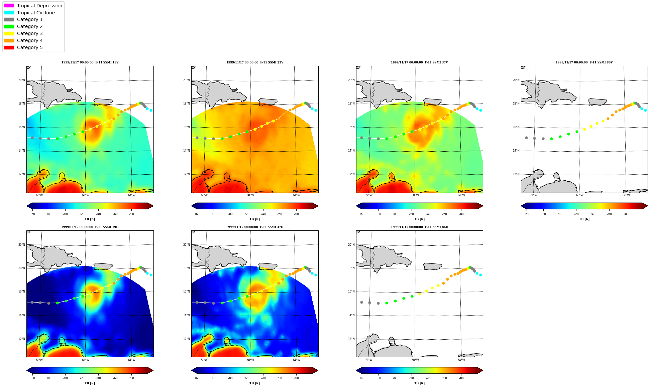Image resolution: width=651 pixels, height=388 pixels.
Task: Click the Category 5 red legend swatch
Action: pyautogui.click(x=9, y=47)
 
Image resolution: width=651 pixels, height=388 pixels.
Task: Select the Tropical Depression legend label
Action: pyautogui.click(x=39, y=6)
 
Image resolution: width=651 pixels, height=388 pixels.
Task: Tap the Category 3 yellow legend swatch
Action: pyautogui.click(x=9, y=33)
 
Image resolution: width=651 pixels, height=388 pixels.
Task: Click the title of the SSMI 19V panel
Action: pyautogui.click(x=90, y=62)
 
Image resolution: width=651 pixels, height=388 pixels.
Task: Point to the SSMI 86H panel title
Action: pyautogui.click(x=420, y=227)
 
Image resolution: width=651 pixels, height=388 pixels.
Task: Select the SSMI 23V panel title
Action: pyautogui.click(x=255, y=62)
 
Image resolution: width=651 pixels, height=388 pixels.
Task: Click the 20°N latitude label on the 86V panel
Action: pyautogui.click(x=516, y=80)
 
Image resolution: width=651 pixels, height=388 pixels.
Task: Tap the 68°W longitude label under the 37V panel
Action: pyautogui.click(x=415, y=195)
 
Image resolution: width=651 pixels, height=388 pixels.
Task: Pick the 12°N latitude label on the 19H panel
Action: pyautogui.click(x=21, y=339)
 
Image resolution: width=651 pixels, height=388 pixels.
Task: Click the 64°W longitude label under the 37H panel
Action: pyautogui.click(x=297, y=360)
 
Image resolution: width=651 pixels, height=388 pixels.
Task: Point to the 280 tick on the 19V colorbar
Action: pyautogui.click(x=131, y=214)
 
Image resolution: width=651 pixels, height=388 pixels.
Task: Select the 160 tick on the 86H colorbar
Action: pyautogui.click(x=362, y=378)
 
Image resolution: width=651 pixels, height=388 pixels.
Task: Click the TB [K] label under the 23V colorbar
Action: pyautogui.click(x=254, y=219)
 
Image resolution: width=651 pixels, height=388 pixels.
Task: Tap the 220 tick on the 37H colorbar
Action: pyautogui.click(x=247, y=378)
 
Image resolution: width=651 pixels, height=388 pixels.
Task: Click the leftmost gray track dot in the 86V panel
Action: pyautogui.click(x=526, y=138)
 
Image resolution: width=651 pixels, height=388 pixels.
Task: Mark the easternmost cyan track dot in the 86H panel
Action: pyautogui.click(x=480, y=275)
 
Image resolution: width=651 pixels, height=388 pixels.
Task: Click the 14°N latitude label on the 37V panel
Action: pyautogui.click(x=351, y=151)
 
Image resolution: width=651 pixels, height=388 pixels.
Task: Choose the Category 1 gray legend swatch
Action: pyautogui.click(x=9, y=19)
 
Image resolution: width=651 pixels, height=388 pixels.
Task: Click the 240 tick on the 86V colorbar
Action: pyautogui.click(x=593, y=214)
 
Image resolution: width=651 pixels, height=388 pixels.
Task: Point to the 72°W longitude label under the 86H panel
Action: pyautogui.click(x=369, y=360)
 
